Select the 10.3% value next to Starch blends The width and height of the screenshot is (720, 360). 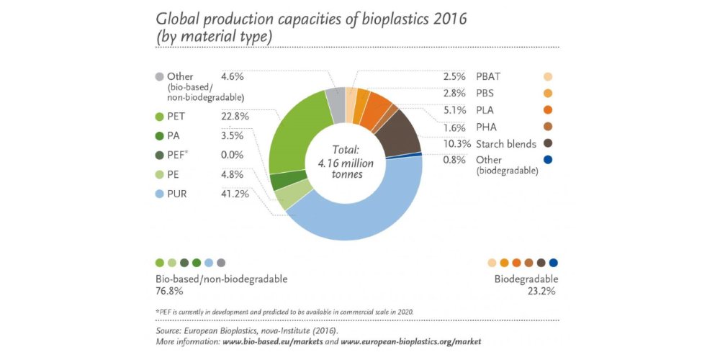click(x=454, y=144)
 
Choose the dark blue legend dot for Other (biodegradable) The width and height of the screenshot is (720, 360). click(x=548, y=160)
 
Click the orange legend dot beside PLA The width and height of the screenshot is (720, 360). click(x=548, y=110)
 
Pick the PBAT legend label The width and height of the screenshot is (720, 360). click(x=490, y=76)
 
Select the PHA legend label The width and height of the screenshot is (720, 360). click(x=487, y=127)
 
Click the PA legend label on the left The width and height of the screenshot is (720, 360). click(x=174, y=135)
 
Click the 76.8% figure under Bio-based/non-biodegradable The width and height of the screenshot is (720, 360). click(x=169, y=292)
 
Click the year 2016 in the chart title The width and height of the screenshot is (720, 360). click(x=445, y=19)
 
